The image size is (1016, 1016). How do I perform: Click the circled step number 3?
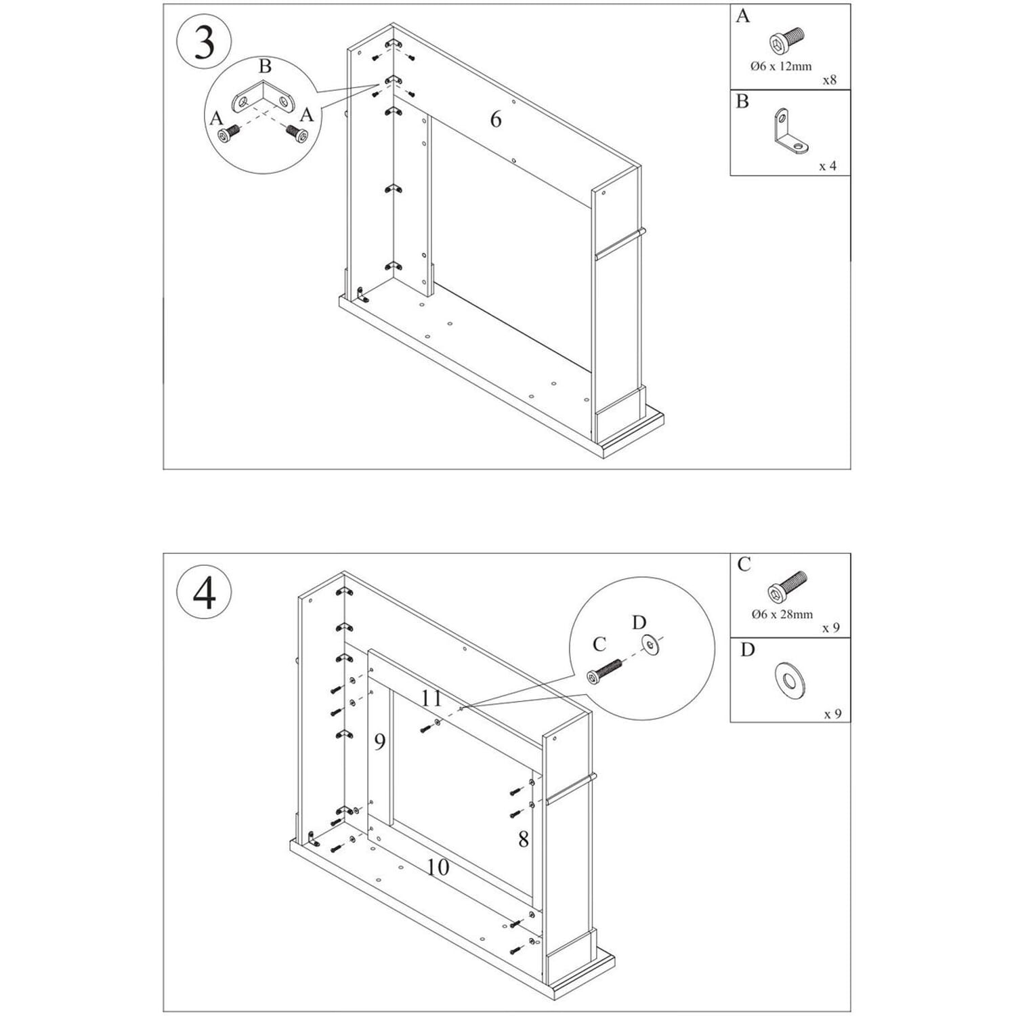coord(204,43)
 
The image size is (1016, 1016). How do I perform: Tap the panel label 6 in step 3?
coord(496,120)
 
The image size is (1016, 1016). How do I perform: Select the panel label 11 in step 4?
coord(431,698)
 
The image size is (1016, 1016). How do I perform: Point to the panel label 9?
coord(380,742)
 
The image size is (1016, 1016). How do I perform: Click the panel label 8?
coord(523,840)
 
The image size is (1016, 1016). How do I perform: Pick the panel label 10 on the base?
coord(438,867)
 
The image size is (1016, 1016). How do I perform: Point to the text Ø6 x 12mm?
coord(781,66)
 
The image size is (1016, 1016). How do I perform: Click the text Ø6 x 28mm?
coord(782,614)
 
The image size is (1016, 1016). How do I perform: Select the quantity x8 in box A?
coord(829,80)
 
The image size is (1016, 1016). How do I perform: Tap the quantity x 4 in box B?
coord(827,166)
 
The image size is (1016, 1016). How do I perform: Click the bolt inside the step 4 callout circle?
coord(605,673)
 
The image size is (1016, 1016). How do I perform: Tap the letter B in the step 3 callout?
coord(265,66)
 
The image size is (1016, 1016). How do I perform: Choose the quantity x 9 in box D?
coord(832,714)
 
